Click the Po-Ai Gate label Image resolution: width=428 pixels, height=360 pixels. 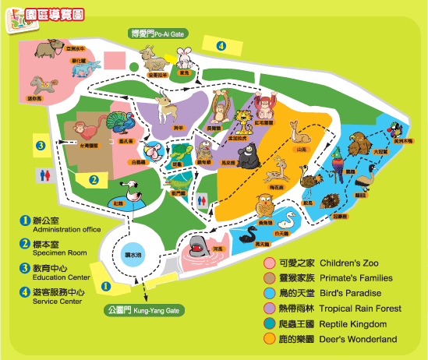tap(161, 34)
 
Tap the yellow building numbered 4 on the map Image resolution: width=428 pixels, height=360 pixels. tap(221, 46)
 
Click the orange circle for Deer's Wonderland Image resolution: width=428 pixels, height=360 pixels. tap(269, 339)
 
